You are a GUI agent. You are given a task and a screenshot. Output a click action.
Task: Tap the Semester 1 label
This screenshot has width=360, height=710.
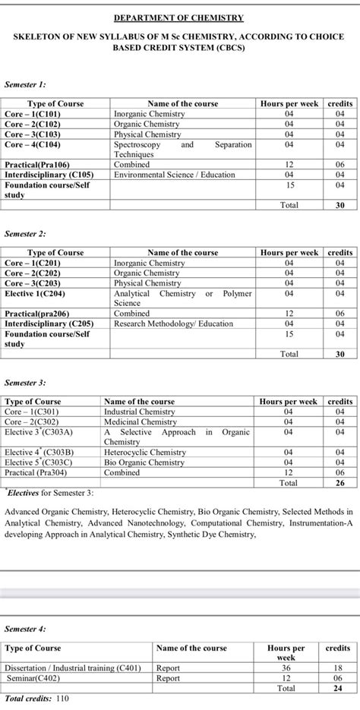click(x=25, y=85)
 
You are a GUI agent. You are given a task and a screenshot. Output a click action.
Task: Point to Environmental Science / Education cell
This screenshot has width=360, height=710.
click(x=175, y=174)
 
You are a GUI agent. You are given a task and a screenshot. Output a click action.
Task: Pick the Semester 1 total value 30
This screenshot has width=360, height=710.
click(x=340, y=205)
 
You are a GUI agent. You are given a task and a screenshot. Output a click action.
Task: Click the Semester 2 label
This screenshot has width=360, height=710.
click(x=25, y=235)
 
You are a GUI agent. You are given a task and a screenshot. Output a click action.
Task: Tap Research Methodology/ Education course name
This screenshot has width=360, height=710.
click(x=174, y=323)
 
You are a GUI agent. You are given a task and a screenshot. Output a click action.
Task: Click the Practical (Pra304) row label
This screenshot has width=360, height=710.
click(x=39, y=472)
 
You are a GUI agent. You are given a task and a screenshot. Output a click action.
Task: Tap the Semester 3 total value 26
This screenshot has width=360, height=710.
click(x=340, y=482)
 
